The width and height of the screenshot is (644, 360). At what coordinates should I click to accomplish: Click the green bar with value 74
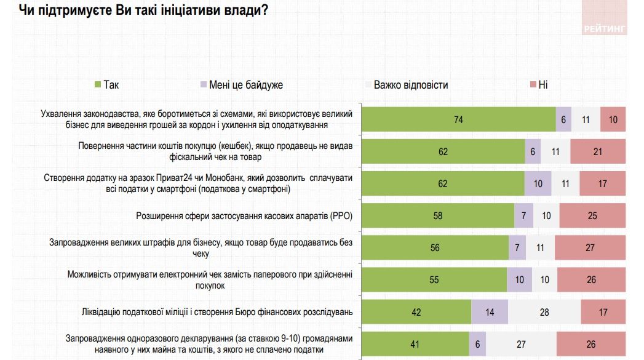[x=458, y=119]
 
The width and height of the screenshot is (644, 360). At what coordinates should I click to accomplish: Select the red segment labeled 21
[x=597, y=151]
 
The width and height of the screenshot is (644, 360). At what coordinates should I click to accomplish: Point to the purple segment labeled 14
[x=490, y=312]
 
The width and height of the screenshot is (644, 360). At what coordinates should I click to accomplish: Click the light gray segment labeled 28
[x=544, y=312]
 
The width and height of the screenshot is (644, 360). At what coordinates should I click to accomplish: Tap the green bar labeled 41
[x=415, y=344]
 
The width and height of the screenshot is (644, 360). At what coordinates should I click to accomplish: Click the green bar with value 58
[x=437, y=216]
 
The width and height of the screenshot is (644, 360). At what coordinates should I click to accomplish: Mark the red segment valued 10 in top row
[x=613, y=119]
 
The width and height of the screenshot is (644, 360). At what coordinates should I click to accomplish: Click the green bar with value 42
[x=416, y=312]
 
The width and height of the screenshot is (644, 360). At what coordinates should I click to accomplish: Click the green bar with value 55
[x=434, y=280]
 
